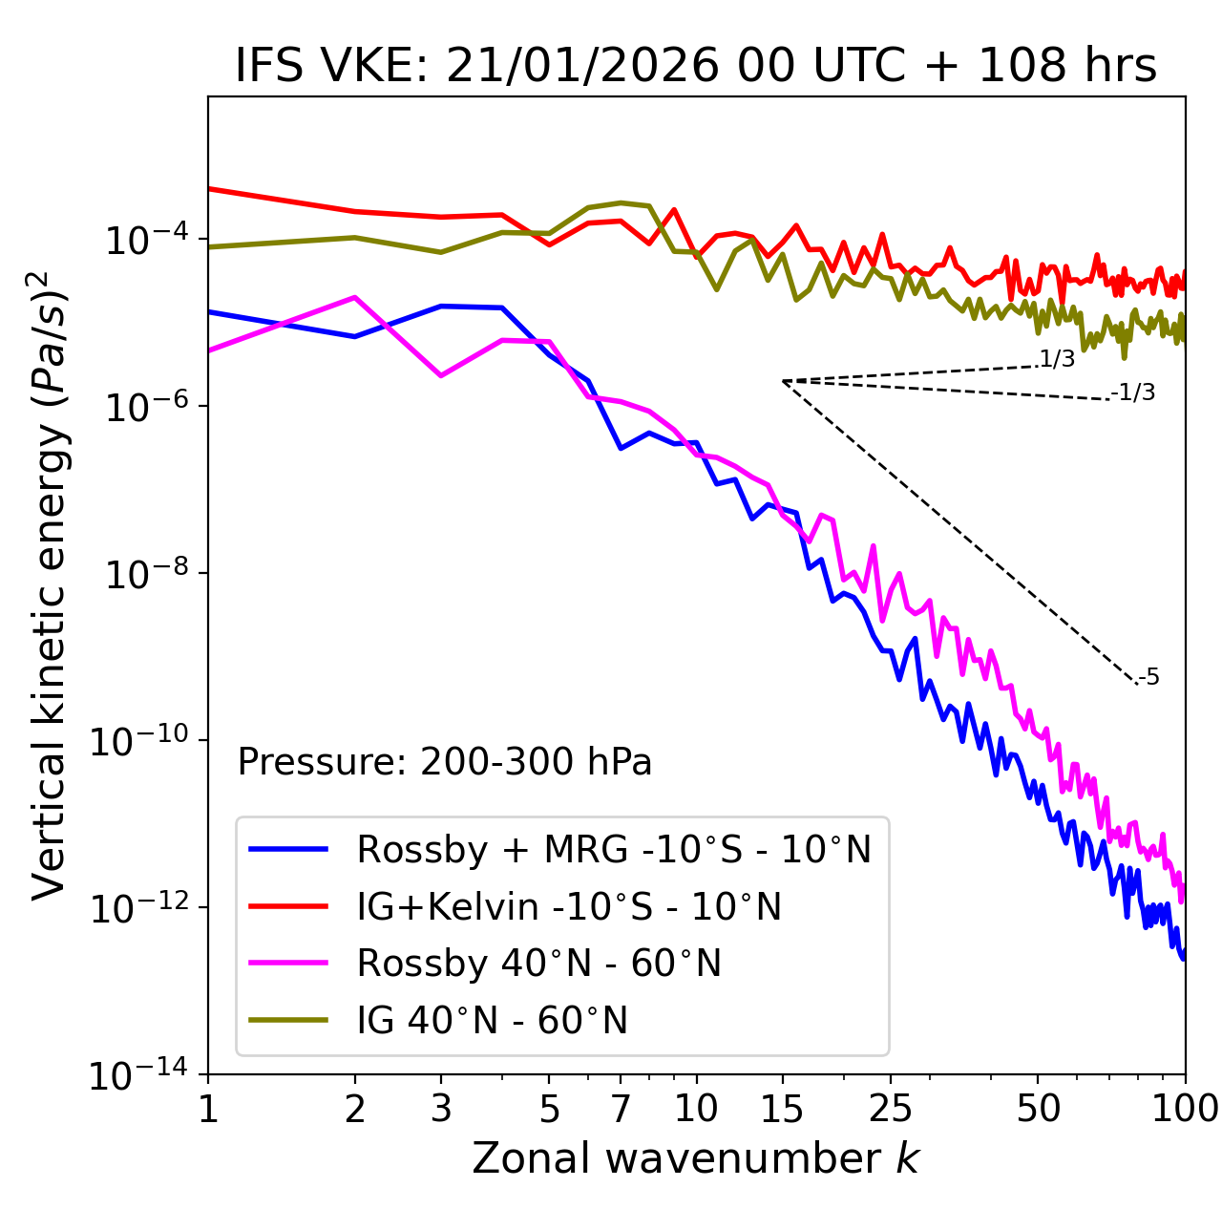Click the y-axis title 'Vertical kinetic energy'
pyautogui.click(x=50, y=585)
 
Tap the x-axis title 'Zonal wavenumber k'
pyautogui.click(x=696, y=1157)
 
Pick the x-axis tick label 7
pyautogui.click(x=621, y=1109)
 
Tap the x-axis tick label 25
pyautogui.click(x=890, y=1109)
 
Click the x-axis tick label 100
pyautogui.click(x=1185, y=1109)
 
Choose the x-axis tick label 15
pyautogui.click(x=782, y=1109)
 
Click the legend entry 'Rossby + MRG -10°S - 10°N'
pyautogui.click(x=614, y=849)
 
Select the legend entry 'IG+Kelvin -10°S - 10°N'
pyautogui.click(x=569, y=906)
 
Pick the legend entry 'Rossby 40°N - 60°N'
pyautogui.click(x=539, y=964)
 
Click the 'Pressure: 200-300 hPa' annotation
pyautogui.click(x=445, y=762)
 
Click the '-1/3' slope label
pyautogui.click(x=1133, y=392)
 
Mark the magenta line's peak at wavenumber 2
pyautogui.click(x=355, y=297)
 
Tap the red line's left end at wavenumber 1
pyautogui.click(x=209, y=188)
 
